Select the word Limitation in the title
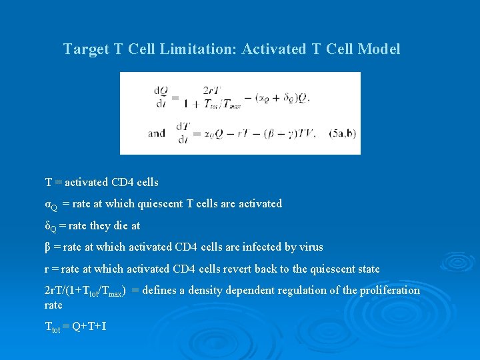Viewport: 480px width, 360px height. [x=199, y=49]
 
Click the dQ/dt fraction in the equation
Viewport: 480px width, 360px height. [x=161, y=97]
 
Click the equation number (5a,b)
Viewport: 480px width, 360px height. [x=343, y=133]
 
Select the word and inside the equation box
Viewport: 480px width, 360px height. [x=157, y=133]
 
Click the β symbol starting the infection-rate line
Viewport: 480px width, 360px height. [x=47, y=247]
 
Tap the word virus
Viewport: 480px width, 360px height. [x=310, y=247]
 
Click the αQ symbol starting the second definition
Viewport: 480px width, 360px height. [x=51, y=204]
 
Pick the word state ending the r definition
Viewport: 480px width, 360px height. [x=367, y=269]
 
